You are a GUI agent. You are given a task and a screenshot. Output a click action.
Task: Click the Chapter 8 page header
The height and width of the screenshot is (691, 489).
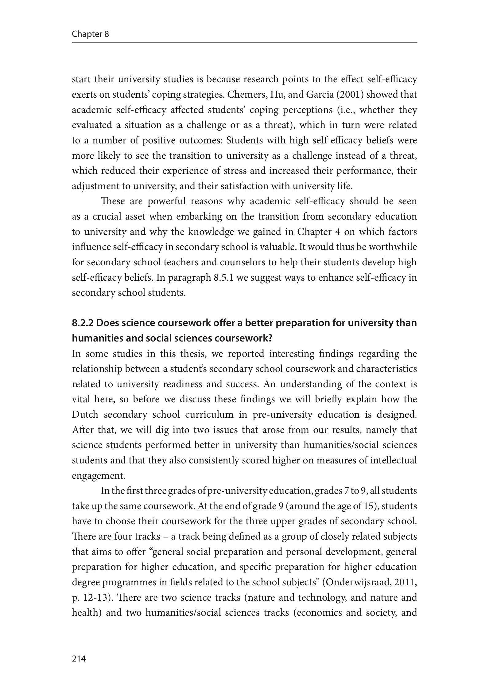[90, 34]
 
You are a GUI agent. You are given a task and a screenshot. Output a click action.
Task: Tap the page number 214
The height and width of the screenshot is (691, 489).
[79, 658]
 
